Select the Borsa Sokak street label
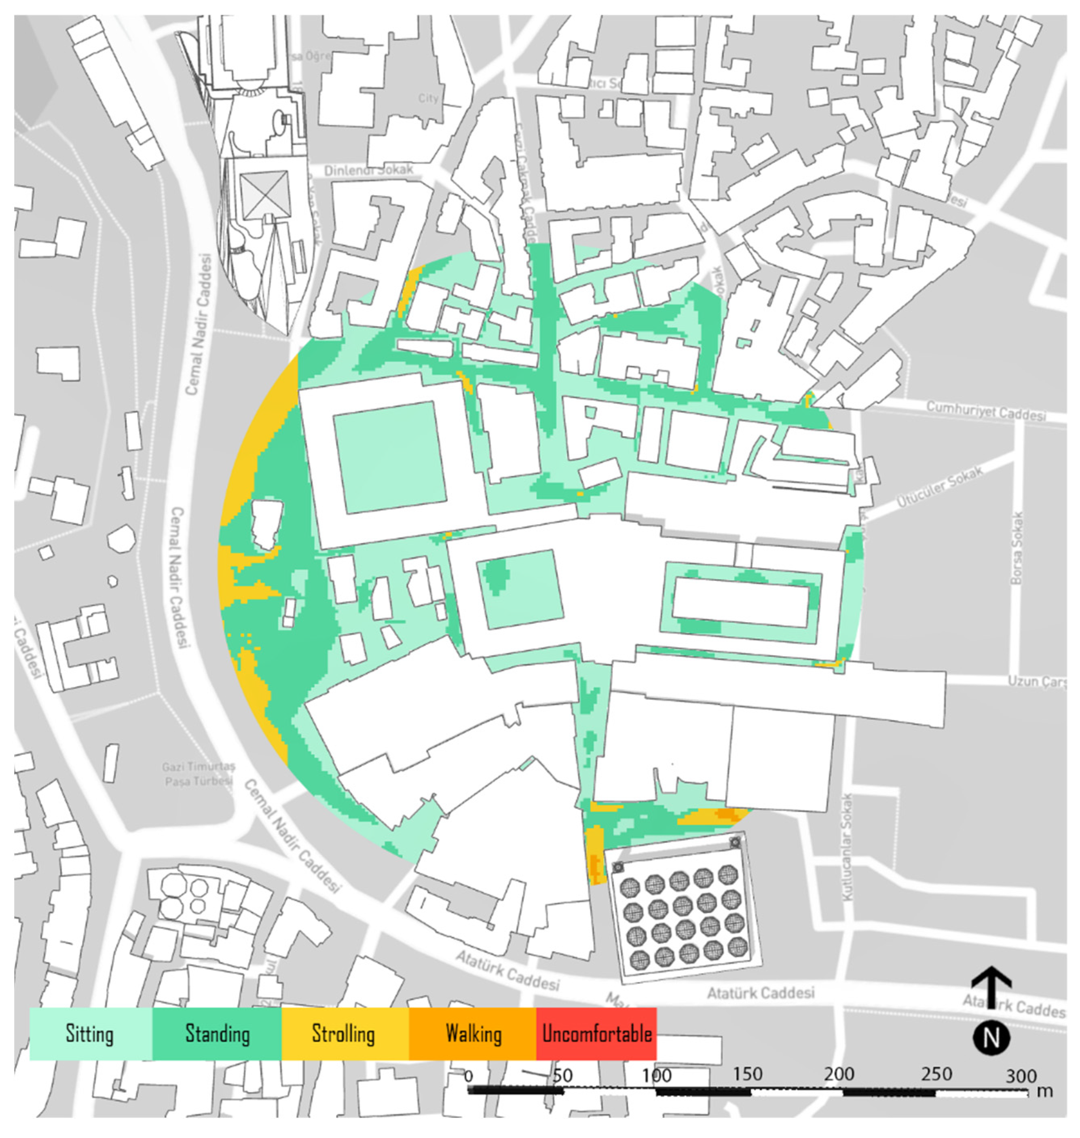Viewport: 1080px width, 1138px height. coord(1017,548)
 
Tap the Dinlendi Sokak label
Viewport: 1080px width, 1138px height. coord(368,170)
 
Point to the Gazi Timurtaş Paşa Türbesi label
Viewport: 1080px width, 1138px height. coord(199,774)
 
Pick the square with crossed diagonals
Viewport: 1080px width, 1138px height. coord(265,195)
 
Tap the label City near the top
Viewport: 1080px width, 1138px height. coord(428,98)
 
